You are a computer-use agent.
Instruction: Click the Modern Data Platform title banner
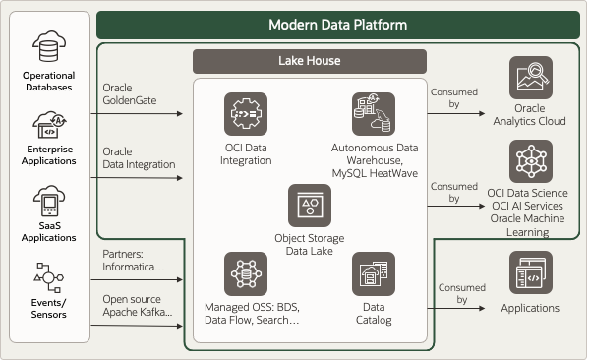(x=338, y=24)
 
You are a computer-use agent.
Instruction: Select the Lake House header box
(x=309, y=61)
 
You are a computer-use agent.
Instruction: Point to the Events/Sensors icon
(x=48, y=278)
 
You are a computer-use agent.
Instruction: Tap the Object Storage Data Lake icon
(x=309, y=206)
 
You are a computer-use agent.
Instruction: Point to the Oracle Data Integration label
(x=139, y=157)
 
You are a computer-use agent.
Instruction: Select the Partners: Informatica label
(x=138, y=260)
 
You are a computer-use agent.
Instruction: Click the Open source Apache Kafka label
(x=139, y=304)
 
